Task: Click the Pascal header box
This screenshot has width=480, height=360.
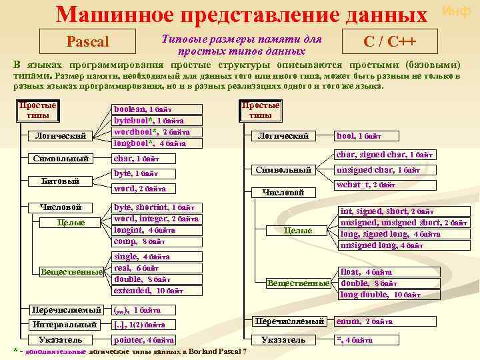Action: click(88, 42)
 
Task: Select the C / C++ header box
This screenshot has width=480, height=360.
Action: click(389, 42)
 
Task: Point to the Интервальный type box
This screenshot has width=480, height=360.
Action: click(67, 325)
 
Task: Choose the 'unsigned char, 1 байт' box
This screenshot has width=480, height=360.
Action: click(379, 170)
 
